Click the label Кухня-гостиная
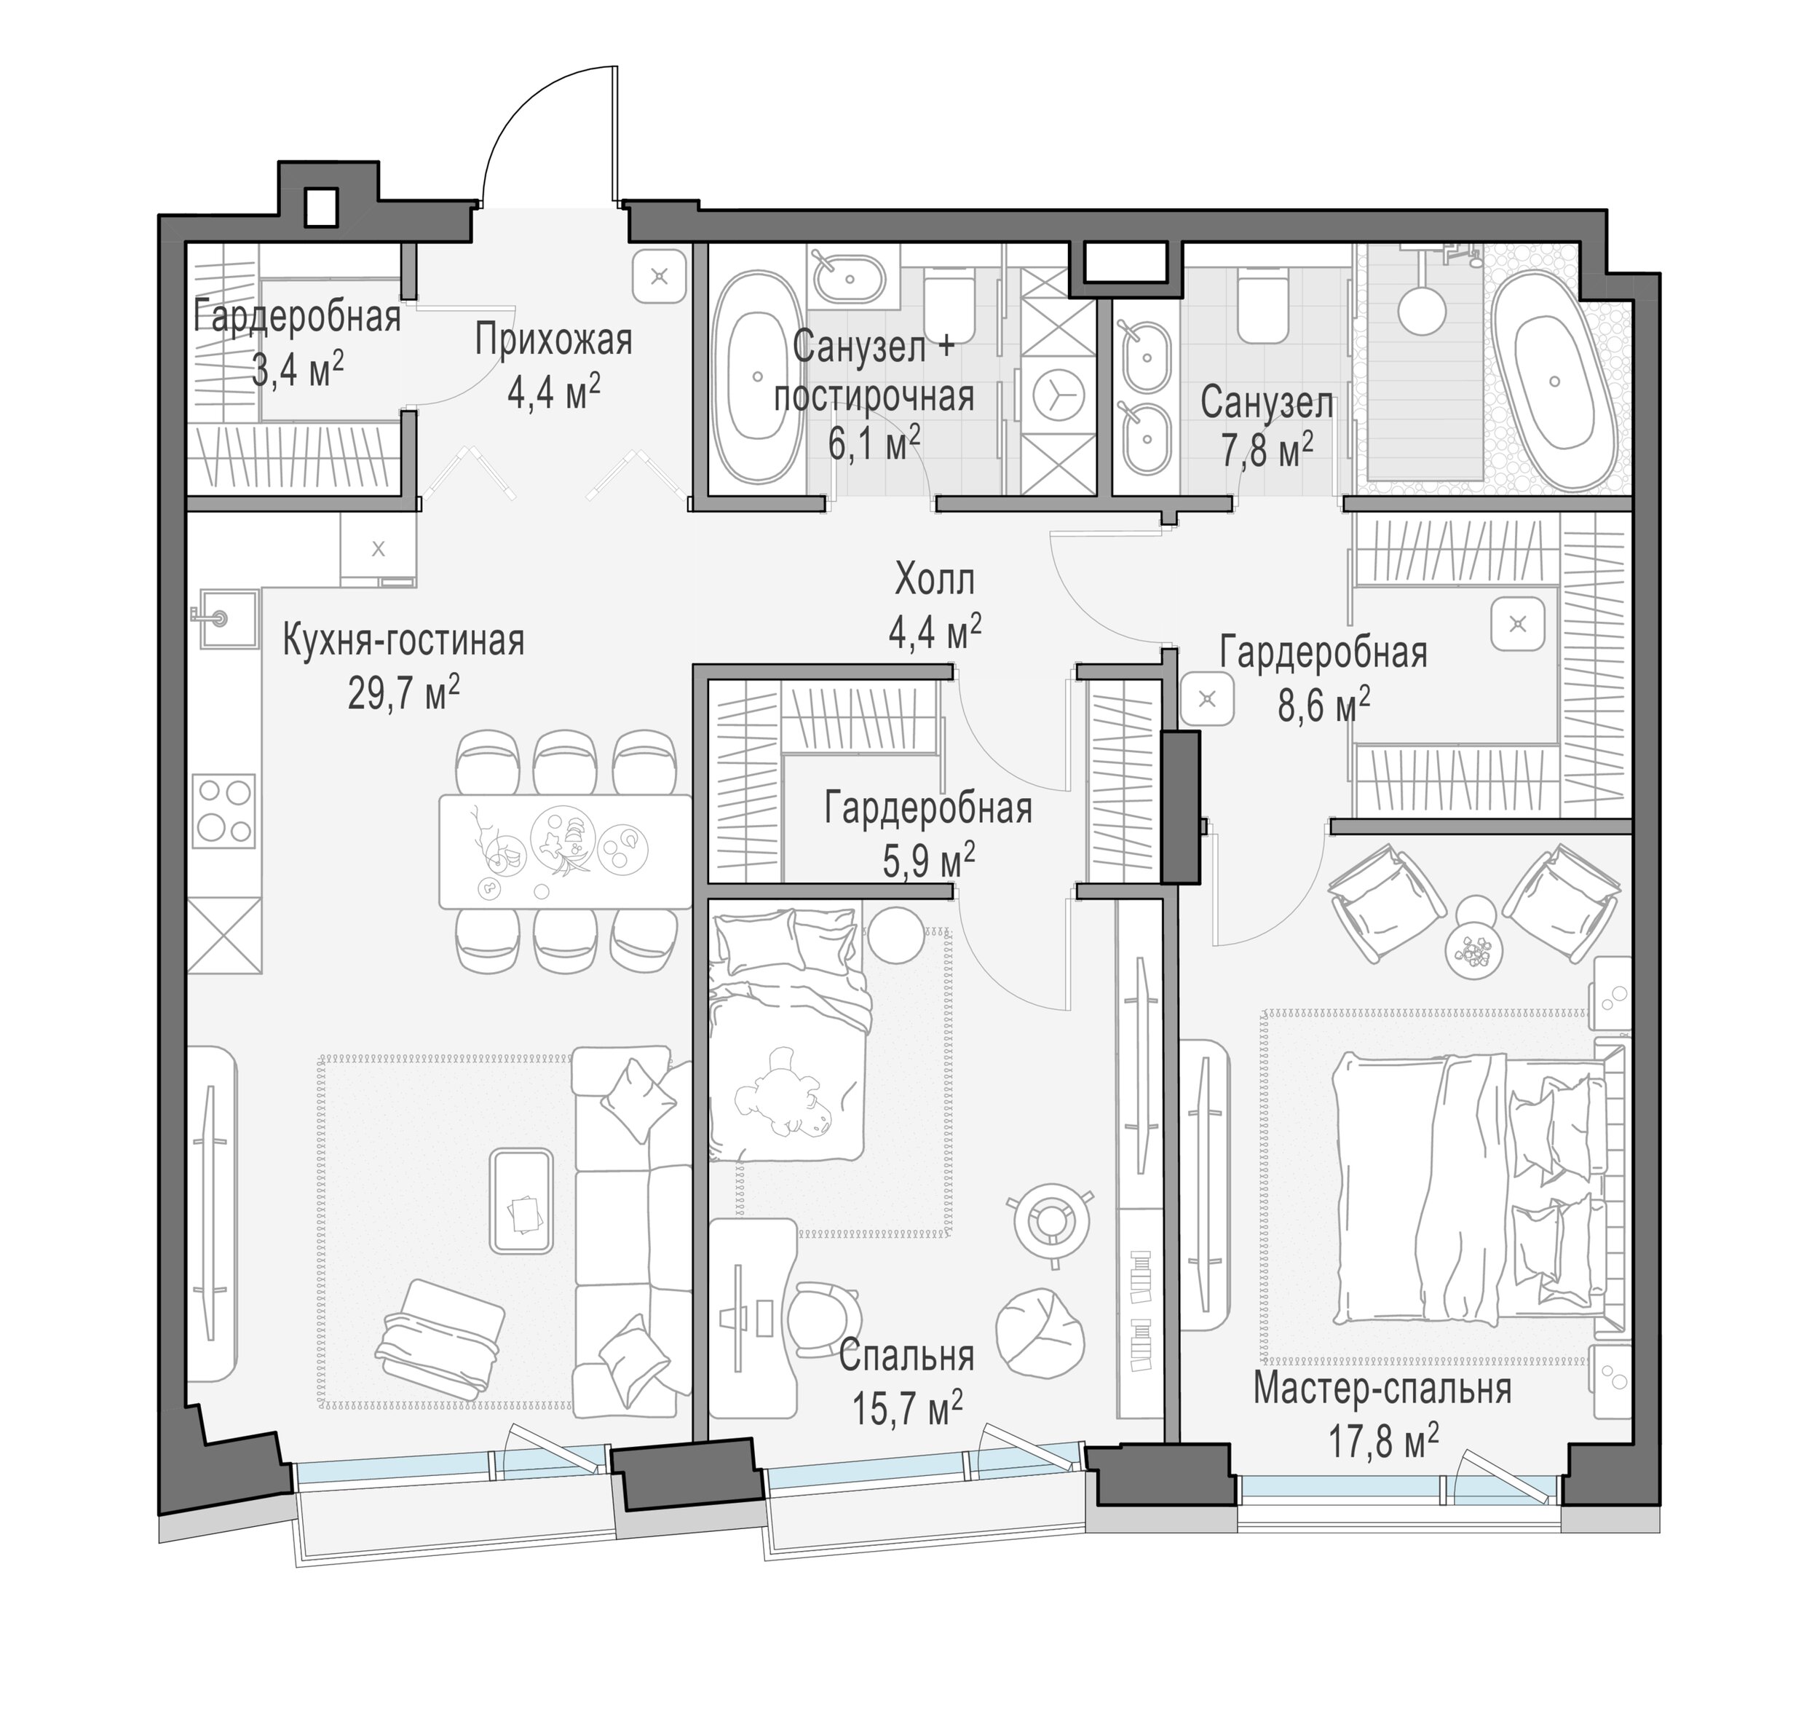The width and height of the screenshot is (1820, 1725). pyautogui.click(x=403, y=642)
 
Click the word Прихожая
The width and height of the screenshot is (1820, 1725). pyautogui.click(x=554, y=341)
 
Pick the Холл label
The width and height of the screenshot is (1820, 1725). pyautogui.click(x=935, y=581)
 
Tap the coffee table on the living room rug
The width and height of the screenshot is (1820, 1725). pyautogui.click(x=522, y=1201)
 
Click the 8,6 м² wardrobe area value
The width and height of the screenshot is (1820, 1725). pyautogui.click(x=1323, y=706)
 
